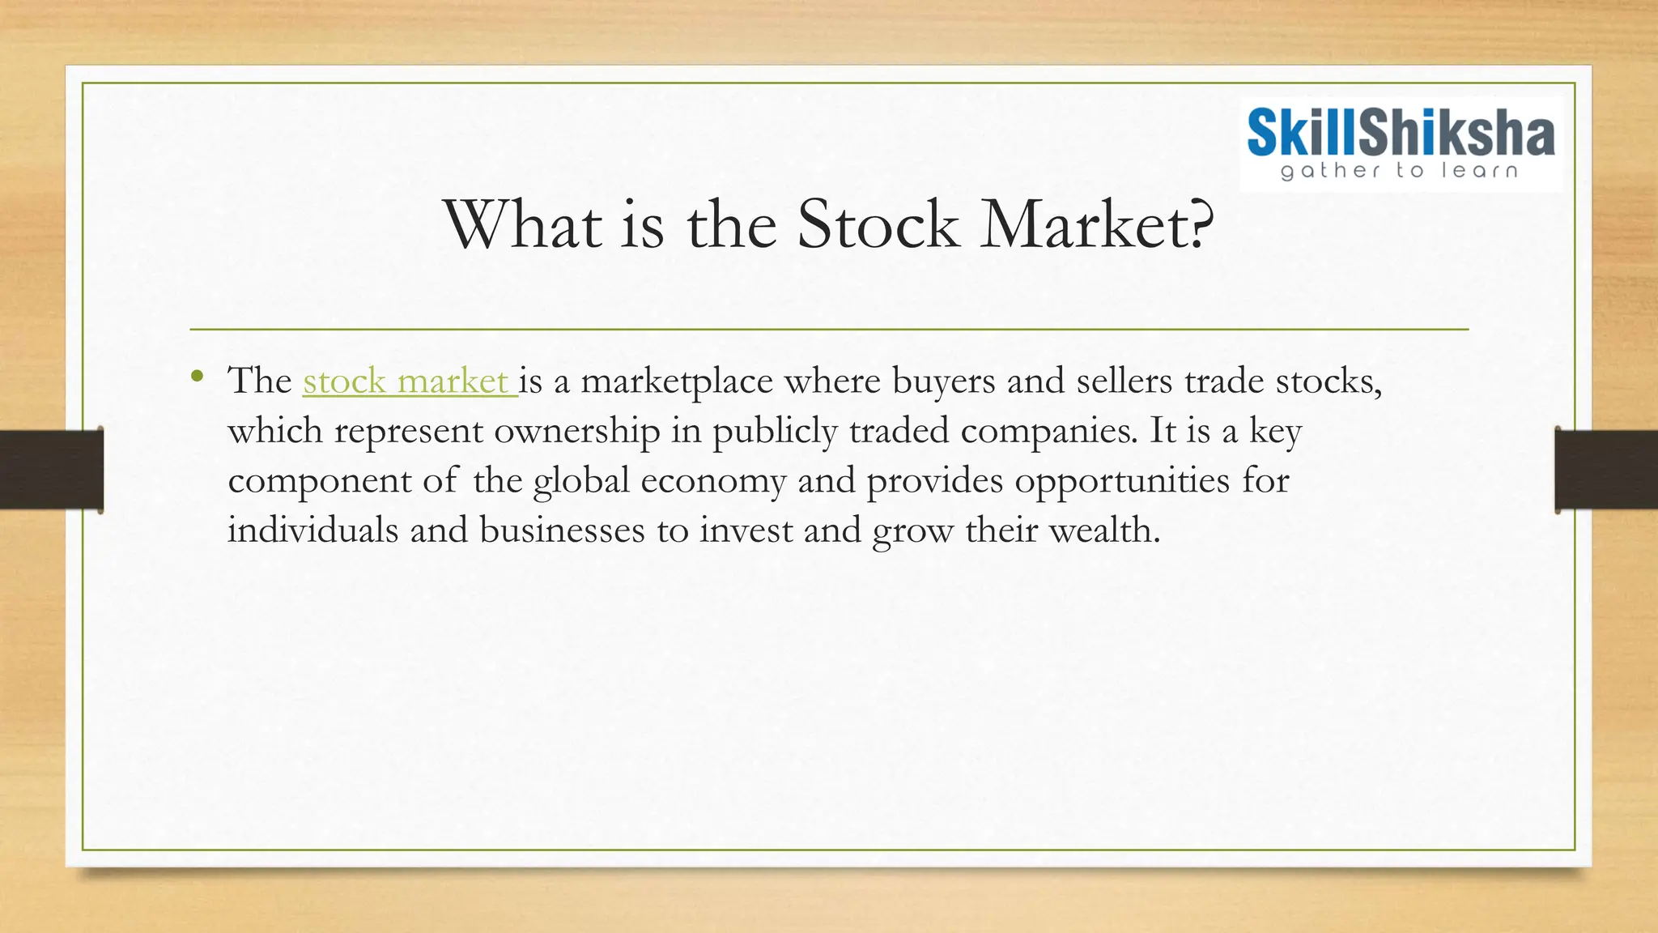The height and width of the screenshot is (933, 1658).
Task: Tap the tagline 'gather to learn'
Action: click(1399, 170)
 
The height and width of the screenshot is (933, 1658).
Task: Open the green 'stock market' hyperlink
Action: click(408, 381)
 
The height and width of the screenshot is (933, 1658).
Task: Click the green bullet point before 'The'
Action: click(198, 375)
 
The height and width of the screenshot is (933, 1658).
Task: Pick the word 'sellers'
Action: click(1124, 381)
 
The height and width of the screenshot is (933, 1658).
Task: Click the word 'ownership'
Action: click(577, 432)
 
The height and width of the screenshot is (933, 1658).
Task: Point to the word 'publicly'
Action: click(775, 432)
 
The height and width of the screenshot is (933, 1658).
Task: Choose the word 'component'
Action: click(319, 482)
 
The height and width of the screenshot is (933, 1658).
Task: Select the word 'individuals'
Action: click(312, 530)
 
